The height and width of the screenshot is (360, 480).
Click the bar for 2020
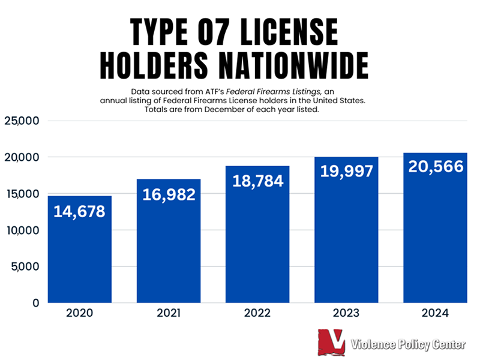click(x=80, y=249)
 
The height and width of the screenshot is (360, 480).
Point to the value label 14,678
click(x=80, y=212)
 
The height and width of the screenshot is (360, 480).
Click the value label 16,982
click(x=169, y=195)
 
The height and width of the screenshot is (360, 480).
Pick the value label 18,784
click(x=257, y=181)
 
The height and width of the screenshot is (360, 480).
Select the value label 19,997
click(x=346, y=172)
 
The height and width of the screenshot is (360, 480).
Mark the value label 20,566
click(x=436, y=167)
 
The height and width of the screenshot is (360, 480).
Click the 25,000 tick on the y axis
click(x=22, y=121)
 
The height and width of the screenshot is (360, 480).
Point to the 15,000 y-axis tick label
click(x=22, y=194)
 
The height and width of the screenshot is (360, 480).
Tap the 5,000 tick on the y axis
click(x=25, y=266)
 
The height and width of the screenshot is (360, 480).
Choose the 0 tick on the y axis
click(x=35, y=303)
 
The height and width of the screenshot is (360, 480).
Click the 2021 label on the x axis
click(x=169, y=313)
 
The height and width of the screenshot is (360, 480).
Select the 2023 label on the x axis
click(x=346, y=313)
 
